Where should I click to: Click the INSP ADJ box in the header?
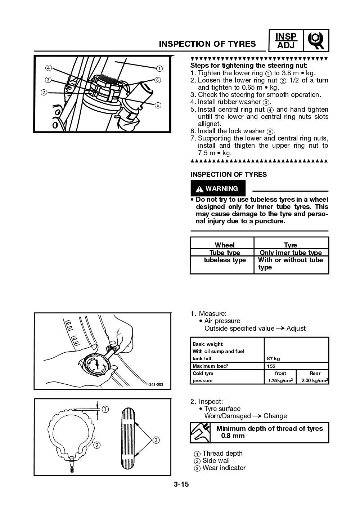(x=286, y=41)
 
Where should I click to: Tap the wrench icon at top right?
(x=316, y=41)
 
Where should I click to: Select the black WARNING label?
(x=217, y=188)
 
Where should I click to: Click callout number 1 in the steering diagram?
(x=159, y=68)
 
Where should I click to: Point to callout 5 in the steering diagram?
(x=157, y=105)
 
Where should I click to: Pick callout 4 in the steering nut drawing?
(x=48, y=68)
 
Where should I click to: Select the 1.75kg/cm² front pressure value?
(x=280, y=380)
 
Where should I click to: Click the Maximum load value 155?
(x=271, y=366)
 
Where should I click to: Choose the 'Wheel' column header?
(x=224, y=245)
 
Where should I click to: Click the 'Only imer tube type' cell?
(x=291, y=253)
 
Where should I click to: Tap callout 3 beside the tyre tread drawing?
(x=156, y=440)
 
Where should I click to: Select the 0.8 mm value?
(x=233, y=436)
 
